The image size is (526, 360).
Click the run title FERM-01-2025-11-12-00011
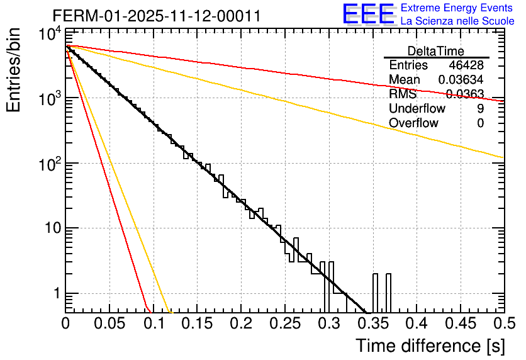[x=156, y=16]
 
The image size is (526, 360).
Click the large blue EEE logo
[x=368, y=14]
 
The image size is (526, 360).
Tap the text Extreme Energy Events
[x=457, y=8]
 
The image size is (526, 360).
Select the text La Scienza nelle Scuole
[x=457, y=21]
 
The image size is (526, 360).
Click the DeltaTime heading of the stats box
[x=435, y=51]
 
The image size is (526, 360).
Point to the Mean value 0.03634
[x=461, y=80]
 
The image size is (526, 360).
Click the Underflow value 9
[x=480, y=109]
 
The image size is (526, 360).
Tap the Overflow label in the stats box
[x=413, y=123]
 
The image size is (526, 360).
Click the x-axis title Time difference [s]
[x=429, y=346]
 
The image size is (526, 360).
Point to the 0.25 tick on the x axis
[x=284, y=324]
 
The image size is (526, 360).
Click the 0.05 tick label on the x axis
[x=109, y=324]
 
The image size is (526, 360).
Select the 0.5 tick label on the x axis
[x=503, y=324]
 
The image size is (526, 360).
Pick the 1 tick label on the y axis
[x=55, y=293]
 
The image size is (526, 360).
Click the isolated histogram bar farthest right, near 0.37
[x=388, y=292]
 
